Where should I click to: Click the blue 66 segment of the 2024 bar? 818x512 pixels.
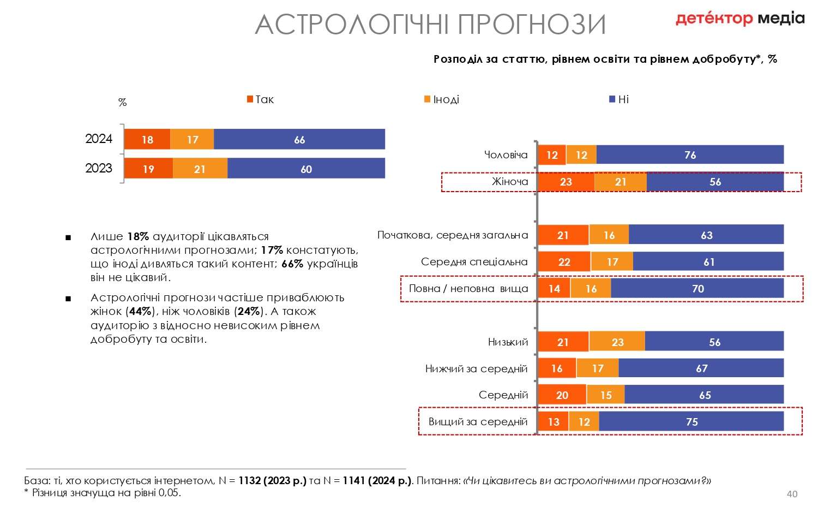[299, 139]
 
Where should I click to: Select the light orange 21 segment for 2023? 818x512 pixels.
[200, 168]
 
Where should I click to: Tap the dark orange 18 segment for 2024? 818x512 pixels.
[147, 139]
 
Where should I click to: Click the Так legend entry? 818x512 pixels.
[260, 99]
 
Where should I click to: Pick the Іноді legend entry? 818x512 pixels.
[442, 99]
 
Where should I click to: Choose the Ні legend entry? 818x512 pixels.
[619, 99]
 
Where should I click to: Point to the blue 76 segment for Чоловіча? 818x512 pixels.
[690, 154]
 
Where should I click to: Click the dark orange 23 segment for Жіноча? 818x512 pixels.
[566, 182]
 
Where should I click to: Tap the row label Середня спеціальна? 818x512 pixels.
[474, 261]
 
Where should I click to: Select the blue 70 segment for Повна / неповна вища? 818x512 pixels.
[697, 288]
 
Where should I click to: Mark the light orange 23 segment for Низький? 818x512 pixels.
[617, 342]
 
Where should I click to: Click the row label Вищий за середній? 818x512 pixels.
[478, 422]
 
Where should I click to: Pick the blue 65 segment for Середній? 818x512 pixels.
[705, 395]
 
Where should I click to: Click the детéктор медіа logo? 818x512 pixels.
[740, 18]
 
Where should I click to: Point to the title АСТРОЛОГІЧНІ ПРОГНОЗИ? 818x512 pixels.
[431, 25]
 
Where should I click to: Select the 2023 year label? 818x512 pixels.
[99, 168]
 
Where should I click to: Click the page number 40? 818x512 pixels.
[792, 494]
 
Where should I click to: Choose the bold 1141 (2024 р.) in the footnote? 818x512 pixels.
[377, 480]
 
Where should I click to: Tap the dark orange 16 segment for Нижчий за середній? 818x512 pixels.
[557, 368]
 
